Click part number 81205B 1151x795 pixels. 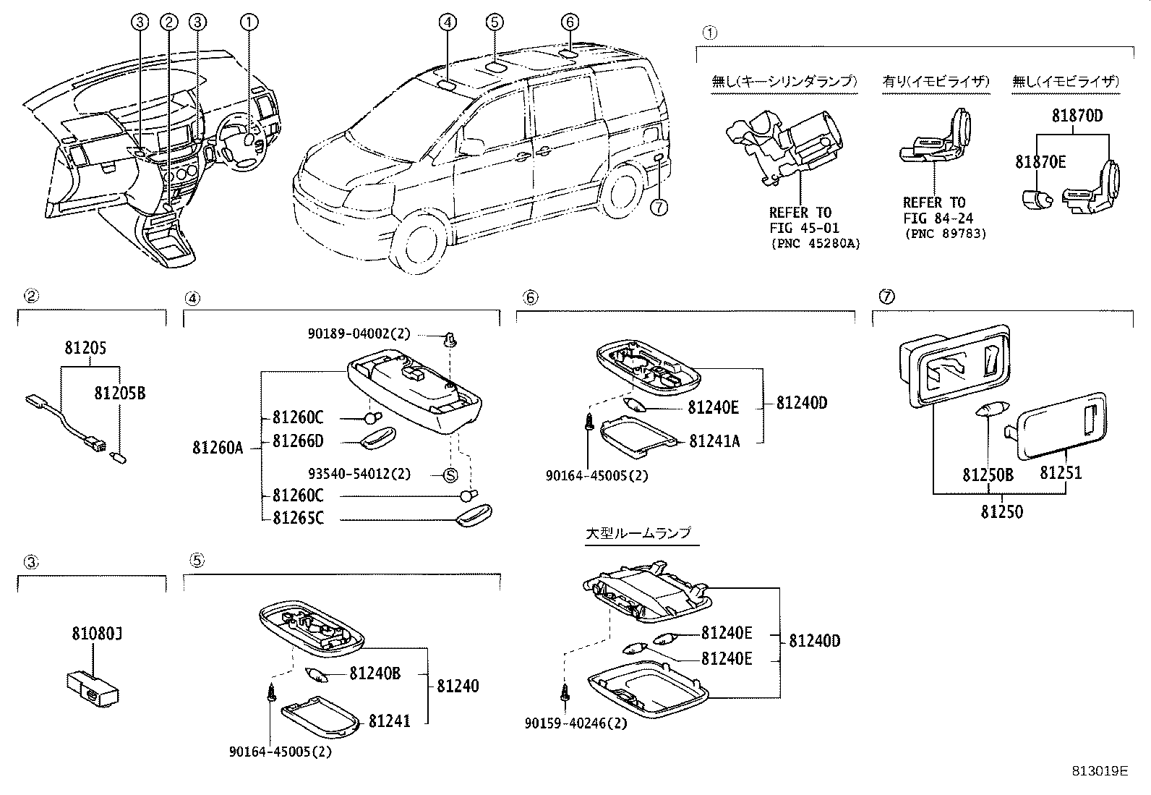(x=119, y=393)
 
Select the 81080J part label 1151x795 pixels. (x=96, y=634)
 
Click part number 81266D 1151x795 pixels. (x=298, y=441)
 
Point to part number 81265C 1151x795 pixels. (x=298, y=518)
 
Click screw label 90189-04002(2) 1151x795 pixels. (x=359, y=333)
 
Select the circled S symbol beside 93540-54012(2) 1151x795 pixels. (x=450, y=475)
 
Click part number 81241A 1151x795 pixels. (x=714, y=441)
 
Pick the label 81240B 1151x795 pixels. (x=375, y=673)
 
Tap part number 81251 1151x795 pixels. (x=1061, y=473)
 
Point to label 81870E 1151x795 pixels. (x=1040, y=162)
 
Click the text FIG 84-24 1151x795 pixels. (x=938, y=218)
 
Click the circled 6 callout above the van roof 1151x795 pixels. (x=570, y=22)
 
